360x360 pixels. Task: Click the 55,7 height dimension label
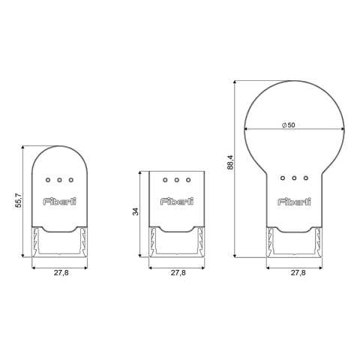click(19, 200)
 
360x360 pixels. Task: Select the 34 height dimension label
click(135, 211)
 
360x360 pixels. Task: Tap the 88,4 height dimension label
click(230, 162)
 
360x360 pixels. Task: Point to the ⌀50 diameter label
click(289, 125)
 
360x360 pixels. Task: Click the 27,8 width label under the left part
click(61, 273)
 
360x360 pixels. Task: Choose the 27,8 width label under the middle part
click(178, 273)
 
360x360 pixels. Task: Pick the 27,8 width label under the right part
click(298, 273)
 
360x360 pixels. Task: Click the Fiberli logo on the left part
click(59, 202)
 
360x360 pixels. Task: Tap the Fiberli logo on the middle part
click(177, 202)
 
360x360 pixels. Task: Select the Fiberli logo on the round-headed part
click(295, 202)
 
